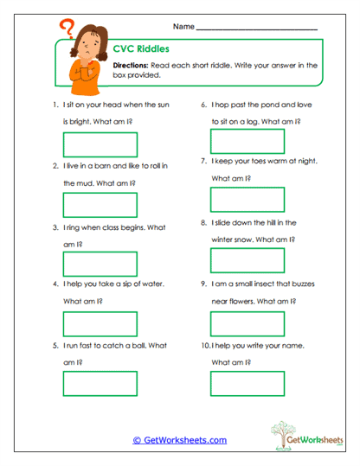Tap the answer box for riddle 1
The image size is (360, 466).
click(100, 144)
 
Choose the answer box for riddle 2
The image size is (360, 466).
click(100, 204)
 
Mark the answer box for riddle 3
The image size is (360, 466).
click(100, 264)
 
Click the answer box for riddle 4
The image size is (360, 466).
click(100, 323)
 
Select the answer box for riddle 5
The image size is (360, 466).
click(100, 383)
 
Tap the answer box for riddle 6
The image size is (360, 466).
click(247, 141)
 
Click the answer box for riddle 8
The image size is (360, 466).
click(247, 260)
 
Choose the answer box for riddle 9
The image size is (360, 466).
click(247, 322)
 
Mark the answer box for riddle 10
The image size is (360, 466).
click(247, 383)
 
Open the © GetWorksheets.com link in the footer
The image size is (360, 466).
click(179, 440)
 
